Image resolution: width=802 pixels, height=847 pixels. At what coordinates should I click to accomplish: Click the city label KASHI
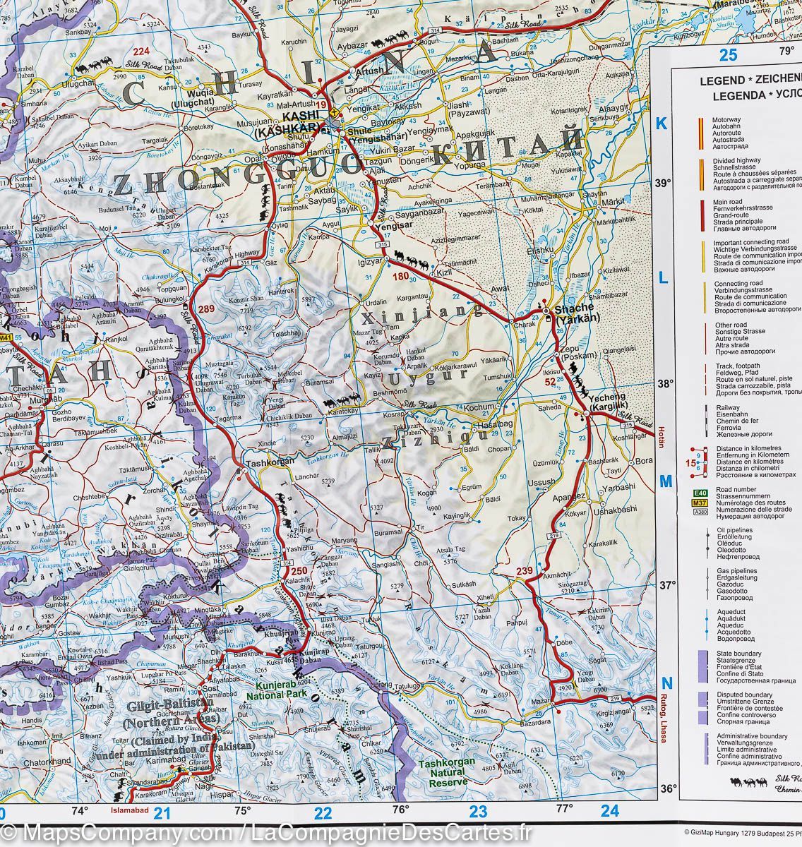(298, 117)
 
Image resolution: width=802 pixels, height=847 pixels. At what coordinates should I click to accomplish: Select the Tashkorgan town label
(270, 462)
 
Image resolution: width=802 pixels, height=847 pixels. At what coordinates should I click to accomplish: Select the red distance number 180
(401, 277)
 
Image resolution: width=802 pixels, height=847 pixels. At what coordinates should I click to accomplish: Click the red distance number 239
(525, 571)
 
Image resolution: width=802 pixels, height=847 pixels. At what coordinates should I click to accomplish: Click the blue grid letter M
(665, 481)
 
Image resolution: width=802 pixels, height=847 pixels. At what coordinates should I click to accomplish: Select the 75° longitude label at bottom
(243, 810)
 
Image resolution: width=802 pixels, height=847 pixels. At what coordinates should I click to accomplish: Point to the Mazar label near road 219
(540, 702)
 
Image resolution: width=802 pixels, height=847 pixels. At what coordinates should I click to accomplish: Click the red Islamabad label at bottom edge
(130, 811)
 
